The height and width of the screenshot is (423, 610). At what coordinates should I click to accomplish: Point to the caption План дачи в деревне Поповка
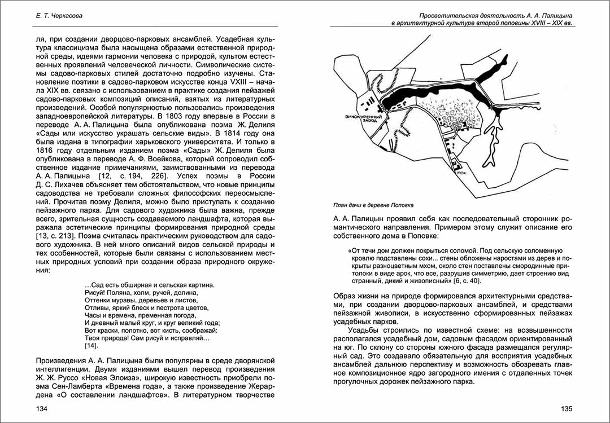(x=377, y=205)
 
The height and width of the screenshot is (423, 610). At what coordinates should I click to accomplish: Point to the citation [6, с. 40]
(x=467, y=280)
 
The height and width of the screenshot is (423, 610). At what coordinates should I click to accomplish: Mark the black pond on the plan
(x=429, y=93)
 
